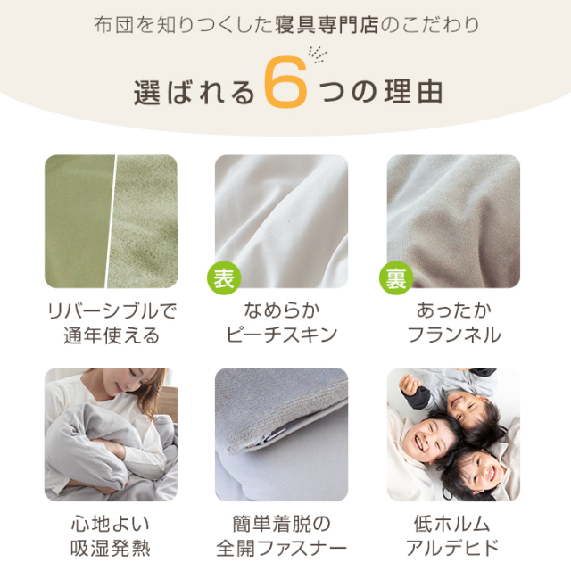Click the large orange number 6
[285, 82]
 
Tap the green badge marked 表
[224, 278]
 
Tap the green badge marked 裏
[396, 278]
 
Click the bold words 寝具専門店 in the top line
[327, 25]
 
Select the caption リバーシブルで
[112, 311]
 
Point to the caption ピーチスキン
[282, 335]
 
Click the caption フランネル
[454, 335]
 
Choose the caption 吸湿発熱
[111, 548]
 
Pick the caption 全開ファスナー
[282, 548]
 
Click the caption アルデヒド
[452, 548]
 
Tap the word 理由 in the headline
[413, 91]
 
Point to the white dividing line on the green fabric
[111, 221]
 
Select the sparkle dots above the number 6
[318, 54]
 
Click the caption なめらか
[282, 310]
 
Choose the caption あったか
[454, 310]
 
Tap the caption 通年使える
[112, 335]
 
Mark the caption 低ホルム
[452, 524]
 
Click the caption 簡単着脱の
[282, 524]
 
